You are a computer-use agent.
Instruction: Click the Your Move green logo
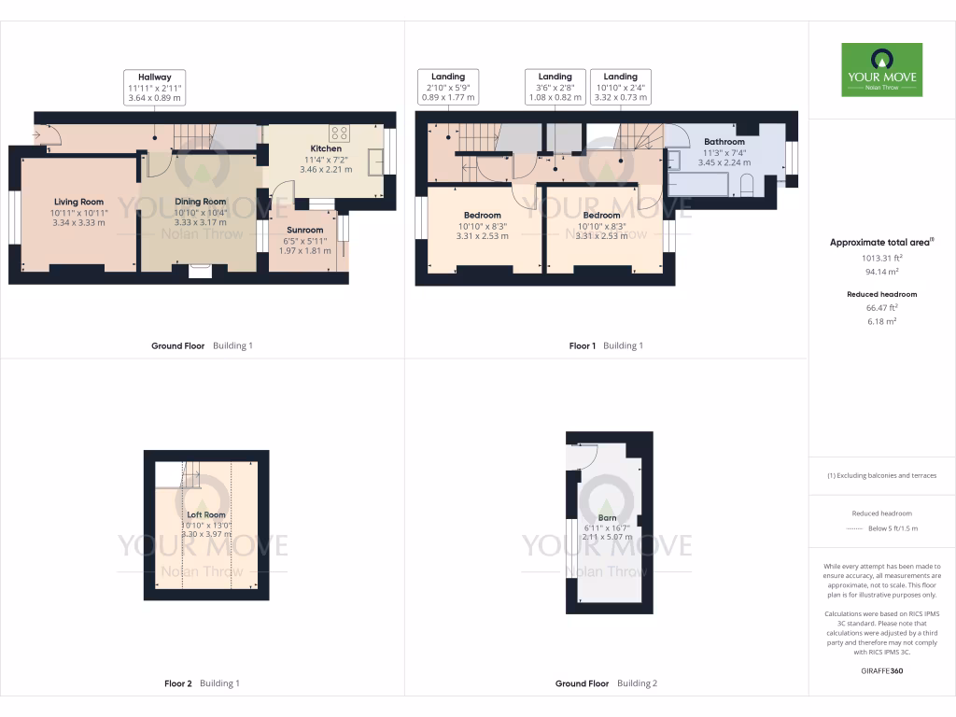(x=881, y=69)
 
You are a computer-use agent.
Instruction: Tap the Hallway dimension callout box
(x=155, y=87)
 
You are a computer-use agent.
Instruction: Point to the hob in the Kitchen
(x=339, y=134)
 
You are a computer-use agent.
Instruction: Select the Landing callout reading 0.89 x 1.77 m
(x=448, y=87)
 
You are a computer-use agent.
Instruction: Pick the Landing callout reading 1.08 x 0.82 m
(x=555, y=87)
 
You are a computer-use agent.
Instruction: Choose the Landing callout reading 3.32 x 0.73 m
(x=620, y=87)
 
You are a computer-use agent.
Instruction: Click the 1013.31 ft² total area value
(x=880, y=257)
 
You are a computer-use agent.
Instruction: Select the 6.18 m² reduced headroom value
(x=880, y=320)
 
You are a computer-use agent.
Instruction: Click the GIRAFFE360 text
(x=880, y=670)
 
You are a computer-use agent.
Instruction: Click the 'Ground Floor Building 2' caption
(x=606, y=683)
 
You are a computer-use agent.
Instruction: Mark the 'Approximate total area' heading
(x=879, y=243)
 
